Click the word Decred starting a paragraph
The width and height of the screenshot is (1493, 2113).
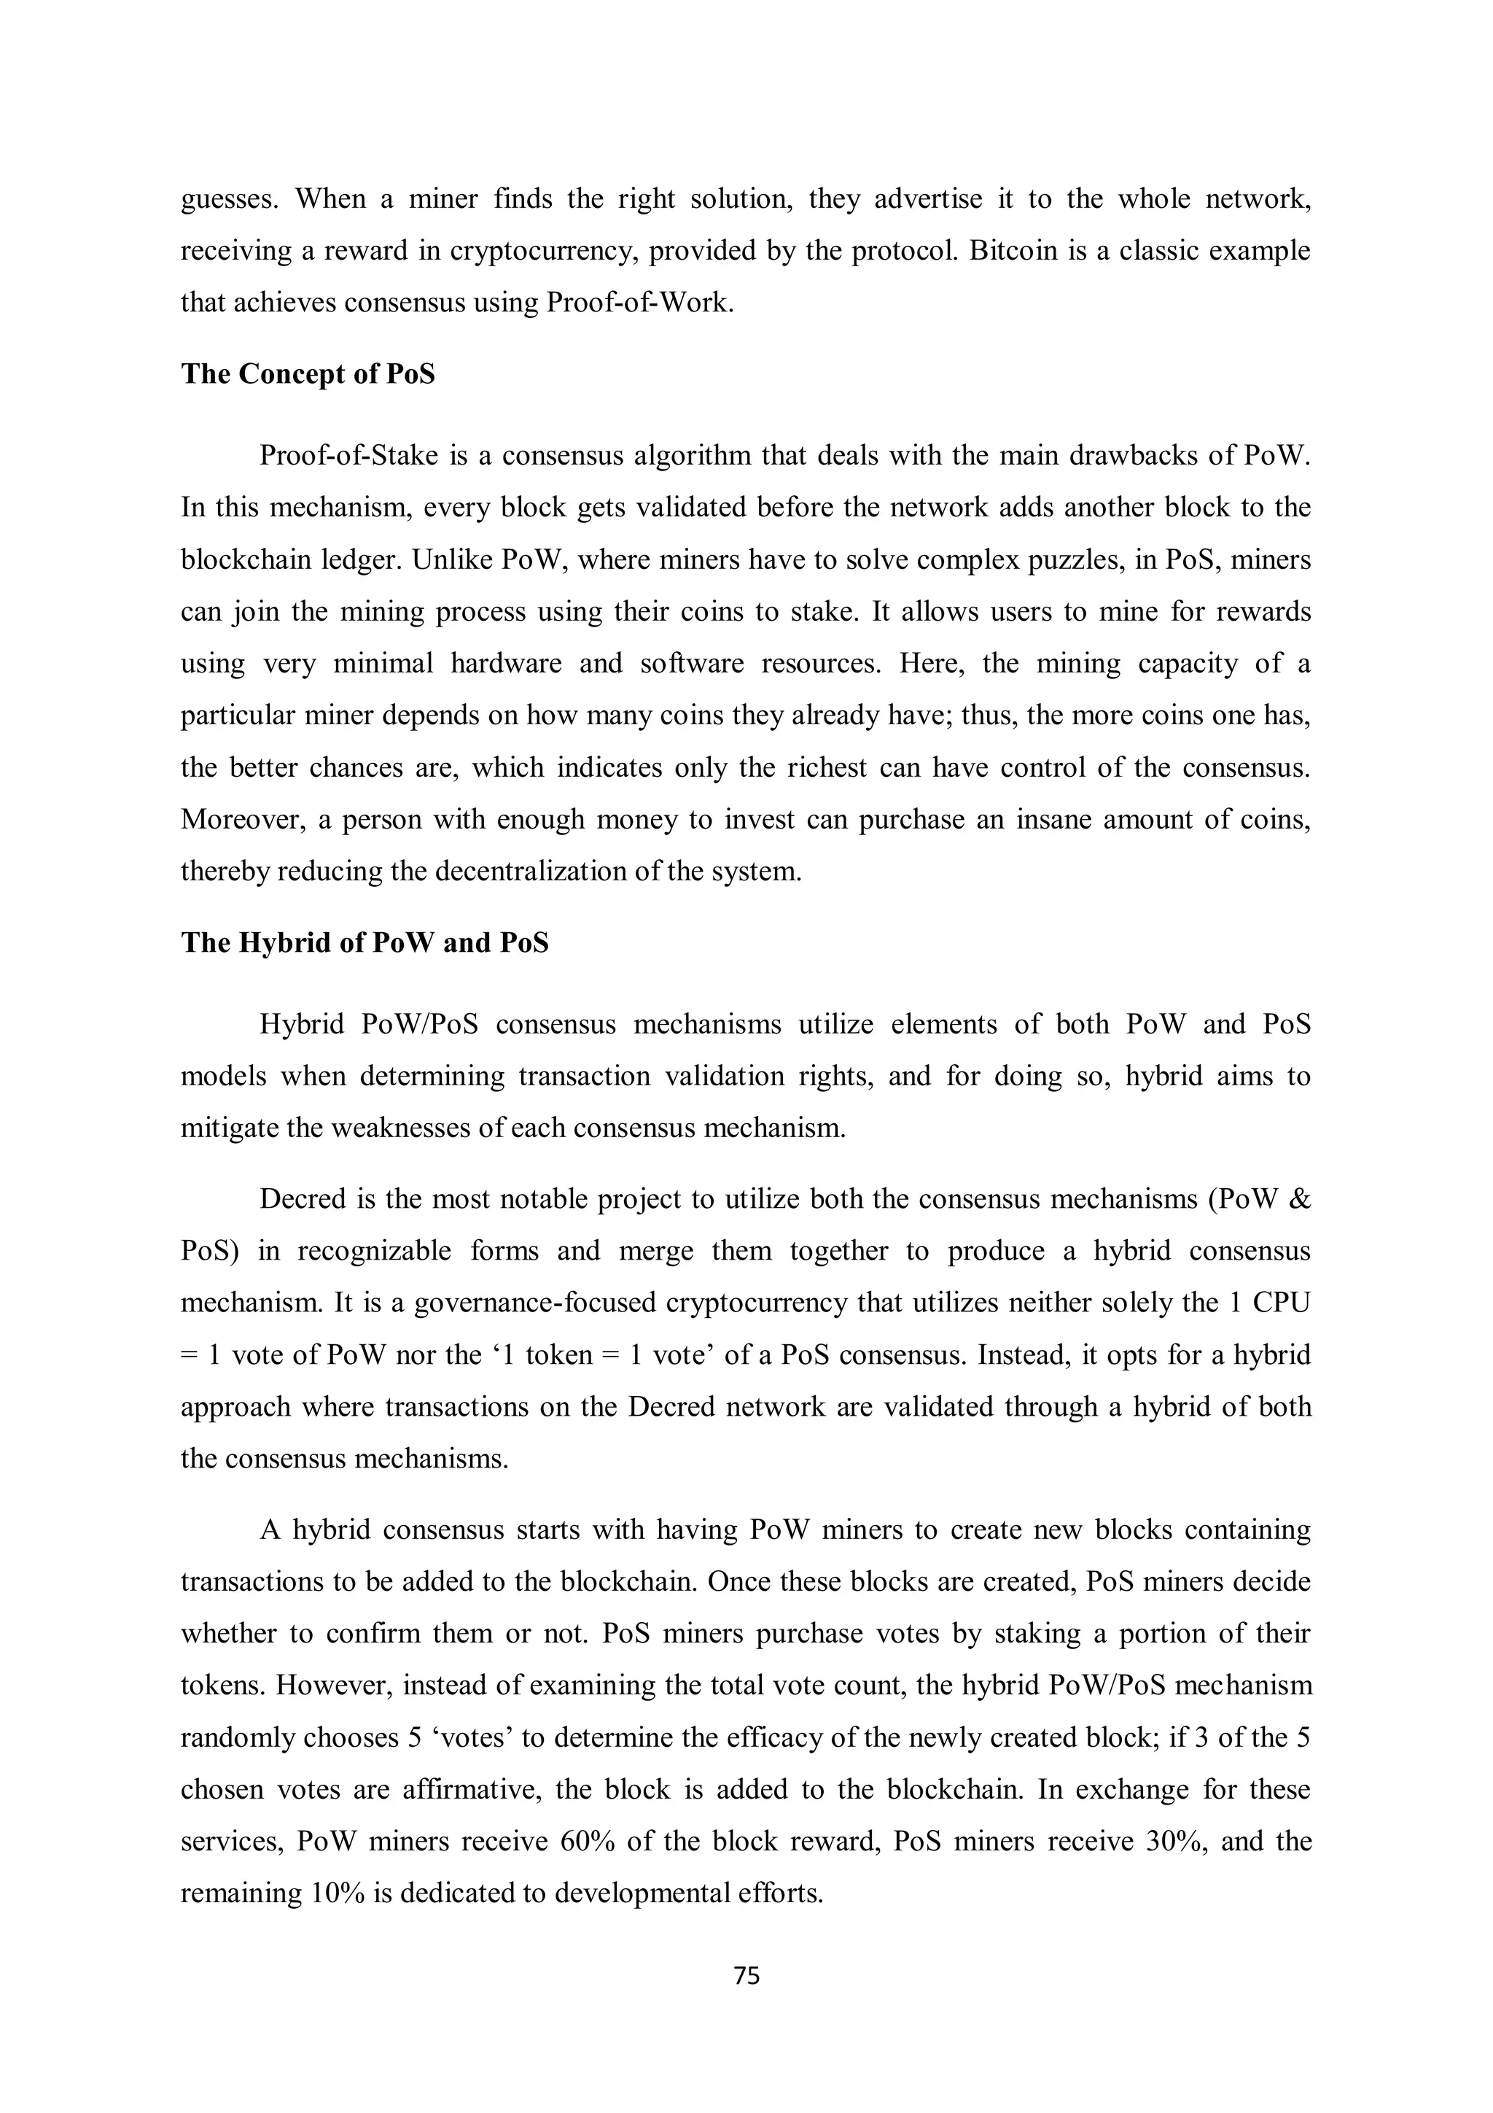(299, 1199)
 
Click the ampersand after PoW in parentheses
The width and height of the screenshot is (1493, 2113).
(1300, 1199)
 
